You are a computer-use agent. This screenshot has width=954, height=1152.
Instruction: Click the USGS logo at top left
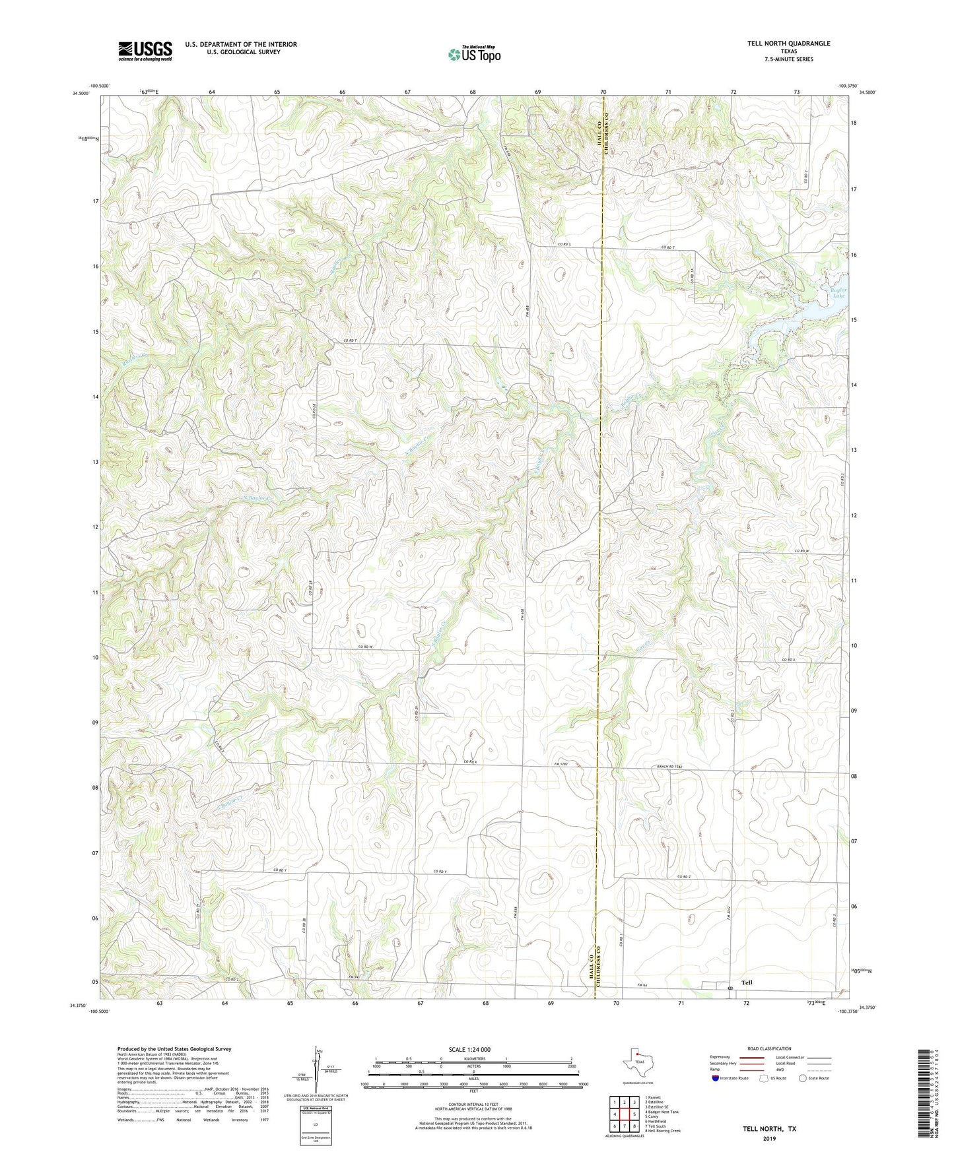point(145,51)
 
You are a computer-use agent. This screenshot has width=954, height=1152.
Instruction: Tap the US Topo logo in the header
point(473,54)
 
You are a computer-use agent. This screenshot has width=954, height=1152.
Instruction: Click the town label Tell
point(747,982)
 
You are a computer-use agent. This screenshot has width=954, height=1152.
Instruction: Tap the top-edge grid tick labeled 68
point(473,92)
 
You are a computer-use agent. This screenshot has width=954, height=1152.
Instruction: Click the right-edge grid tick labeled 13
point(854,450)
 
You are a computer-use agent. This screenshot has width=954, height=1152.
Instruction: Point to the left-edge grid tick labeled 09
point(95,722)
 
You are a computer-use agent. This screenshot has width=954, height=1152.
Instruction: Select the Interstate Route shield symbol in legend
point(716,1078)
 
